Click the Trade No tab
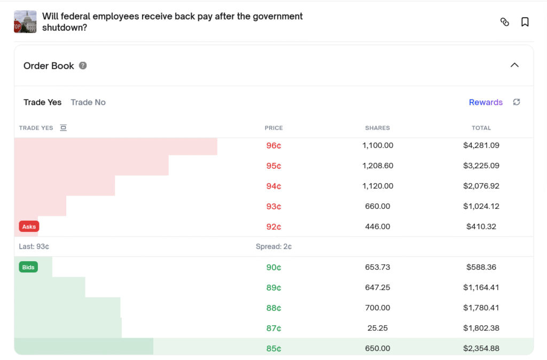tap(88, 102)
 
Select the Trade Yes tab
tap(43, 102)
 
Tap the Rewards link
tap(486, 102)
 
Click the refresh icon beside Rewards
tap(517, 102)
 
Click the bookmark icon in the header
tap(525, 22)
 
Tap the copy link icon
tap(505, 22)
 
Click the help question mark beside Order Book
tap(83, 66)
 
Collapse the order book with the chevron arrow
tap(514, 65)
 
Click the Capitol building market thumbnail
tap(25, 21)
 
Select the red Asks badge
tap(29, 226)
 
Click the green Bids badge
tap(28, 267)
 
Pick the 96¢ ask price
tap(273, 145)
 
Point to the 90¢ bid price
tap(273, 267)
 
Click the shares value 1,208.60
tap(378, 166)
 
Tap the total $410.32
tap(481, 226)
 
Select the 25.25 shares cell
tap(378, 328)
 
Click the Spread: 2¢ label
tap(273, 247)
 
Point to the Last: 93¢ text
tap(34, 247)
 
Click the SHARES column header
tap(378, 128)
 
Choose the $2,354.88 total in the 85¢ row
tap(481, 348)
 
